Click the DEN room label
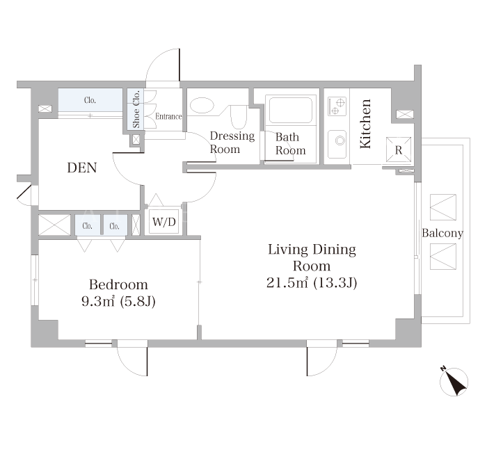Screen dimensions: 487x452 (82, 168)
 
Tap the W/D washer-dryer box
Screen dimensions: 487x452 (164, 222)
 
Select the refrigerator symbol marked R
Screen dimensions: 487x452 (399, 150)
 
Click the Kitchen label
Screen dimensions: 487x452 (365, 124)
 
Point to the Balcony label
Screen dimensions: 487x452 (442, 233)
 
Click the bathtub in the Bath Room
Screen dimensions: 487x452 (291, 110)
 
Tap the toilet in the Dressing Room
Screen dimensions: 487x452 (239, 117)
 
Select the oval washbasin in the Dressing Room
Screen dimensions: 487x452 (202, 105)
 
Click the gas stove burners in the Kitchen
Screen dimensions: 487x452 (337, 106)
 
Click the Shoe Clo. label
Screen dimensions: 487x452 (136, 109)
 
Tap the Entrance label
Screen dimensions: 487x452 (168, 116)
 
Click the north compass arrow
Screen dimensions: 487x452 (454, 382)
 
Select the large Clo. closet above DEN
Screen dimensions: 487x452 (90, 99)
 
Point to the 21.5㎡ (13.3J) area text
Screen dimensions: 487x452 (312, 283)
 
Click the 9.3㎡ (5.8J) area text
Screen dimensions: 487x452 (118, 301)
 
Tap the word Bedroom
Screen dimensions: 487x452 (118, 284)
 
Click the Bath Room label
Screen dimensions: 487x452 (290, 143)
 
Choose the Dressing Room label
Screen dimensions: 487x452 (232, 142)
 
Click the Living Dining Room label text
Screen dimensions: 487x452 (312, 258)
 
